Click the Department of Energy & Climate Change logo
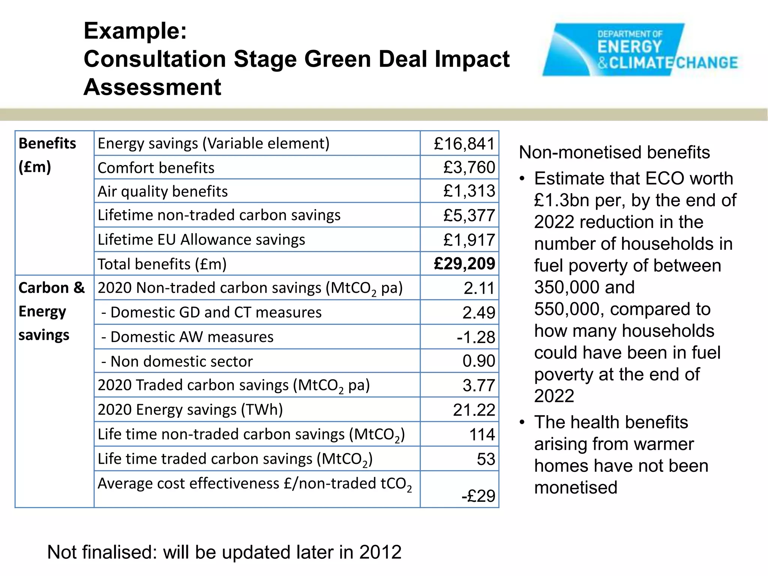pyautogui.click(x=639, y=50)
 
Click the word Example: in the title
pyautogui.click(x=135, y=31)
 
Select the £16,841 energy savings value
pyautogui.click(x=464, y=144)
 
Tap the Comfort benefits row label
pyautogui.click(x=156, y=168)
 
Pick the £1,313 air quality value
pyautogui.click(x=469, y=191)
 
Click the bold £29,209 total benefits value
pyautogui.click(x=464, y=264)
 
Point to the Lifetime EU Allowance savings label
pyautogui.click(x=201, y=240)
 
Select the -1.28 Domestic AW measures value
pyautogui.click(x=475, y=337)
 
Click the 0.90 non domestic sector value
pyautogui.click(x=478, y=361)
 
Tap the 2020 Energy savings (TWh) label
pyautogui.click(x=190, y=409)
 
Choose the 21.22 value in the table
pyautogui.click(x=474, y=410)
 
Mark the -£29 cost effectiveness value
pyautogui.click(x=478, y=496)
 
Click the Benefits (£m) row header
pyautogui.click(x=47, y=154)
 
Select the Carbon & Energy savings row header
pyautogui.click(x=51, y=311)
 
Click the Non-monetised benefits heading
pyautogui.click(x=614, y=153)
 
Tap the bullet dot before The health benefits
pyautogui.click(x=522, y=423)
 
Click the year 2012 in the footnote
pyautogui.click(x=380, y=552)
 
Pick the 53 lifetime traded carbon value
pyautogui.click(x=486, y=459)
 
